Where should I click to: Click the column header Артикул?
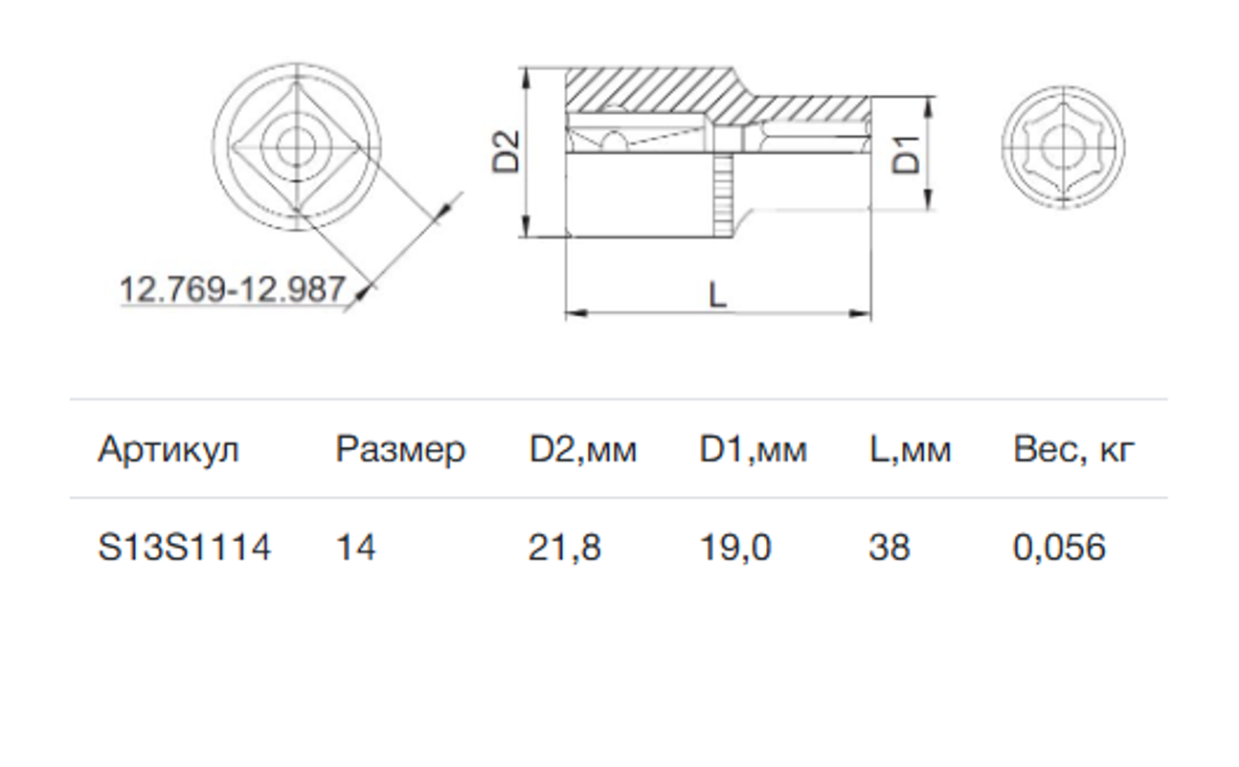point(169,450)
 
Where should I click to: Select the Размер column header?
point(400,451)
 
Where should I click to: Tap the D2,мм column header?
point(583,450)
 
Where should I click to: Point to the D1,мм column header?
point(753,450)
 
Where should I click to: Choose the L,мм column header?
point(910,450)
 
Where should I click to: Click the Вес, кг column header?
point(1074,450)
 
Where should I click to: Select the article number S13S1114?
point(184,548)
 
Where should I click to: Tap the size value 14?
point(355,548)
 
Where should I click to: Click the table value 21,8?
point(564,548)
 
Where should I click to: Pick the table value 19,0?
point(735,548)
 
